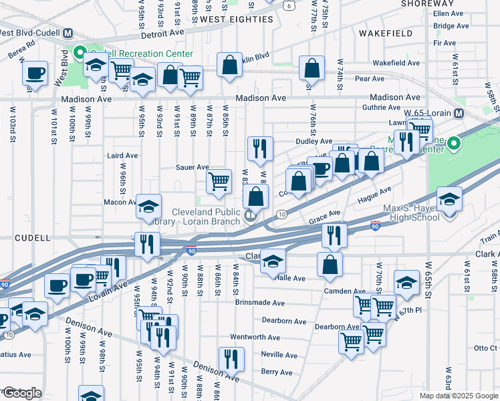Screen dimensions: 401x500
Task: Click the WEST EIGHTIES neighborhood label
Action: (237, 19)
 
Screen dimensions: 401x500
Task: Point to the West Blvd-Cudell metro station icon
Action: (67, 32)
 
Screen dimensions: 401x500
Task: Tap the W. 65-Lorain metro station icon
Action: (459, 114)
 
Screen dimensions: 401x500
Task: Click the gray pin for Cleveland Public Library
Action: (251, 215)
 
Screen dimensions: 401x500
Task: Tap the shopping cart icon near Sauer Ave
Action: (219, 181)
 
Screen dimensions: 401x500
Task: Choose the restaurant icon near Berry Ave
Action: (231, 359)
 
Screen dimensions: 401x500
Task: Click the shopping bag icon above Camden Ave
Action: (330, 264)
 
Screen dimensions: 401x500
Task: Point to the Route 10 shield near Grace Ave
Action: (282, 213)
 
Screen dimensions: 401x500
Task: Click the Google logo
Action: (21, 393)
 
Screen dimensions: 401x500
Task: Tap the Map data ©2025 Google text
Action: (459, 396)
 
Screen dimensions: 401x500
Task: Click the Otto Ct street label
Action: (485, 348)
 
